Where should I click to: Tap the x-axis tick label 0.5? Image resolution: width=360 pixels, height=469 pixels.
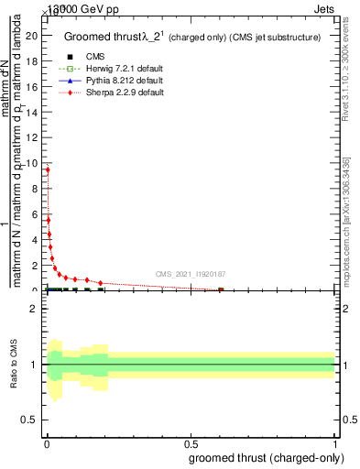coord(191,445)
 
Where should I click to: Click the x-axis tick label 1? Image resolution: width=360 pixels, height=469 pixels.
coord(335,445)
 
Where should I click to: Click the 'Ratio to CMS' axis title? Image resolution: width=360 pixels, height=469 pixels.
coord(15,365)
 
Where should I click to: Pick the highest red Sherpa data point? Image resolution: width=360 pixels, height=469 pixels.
coord(48,169)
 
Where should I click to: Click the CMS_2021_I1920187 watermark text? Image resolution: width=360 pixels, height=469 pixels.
coord(191,273)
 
